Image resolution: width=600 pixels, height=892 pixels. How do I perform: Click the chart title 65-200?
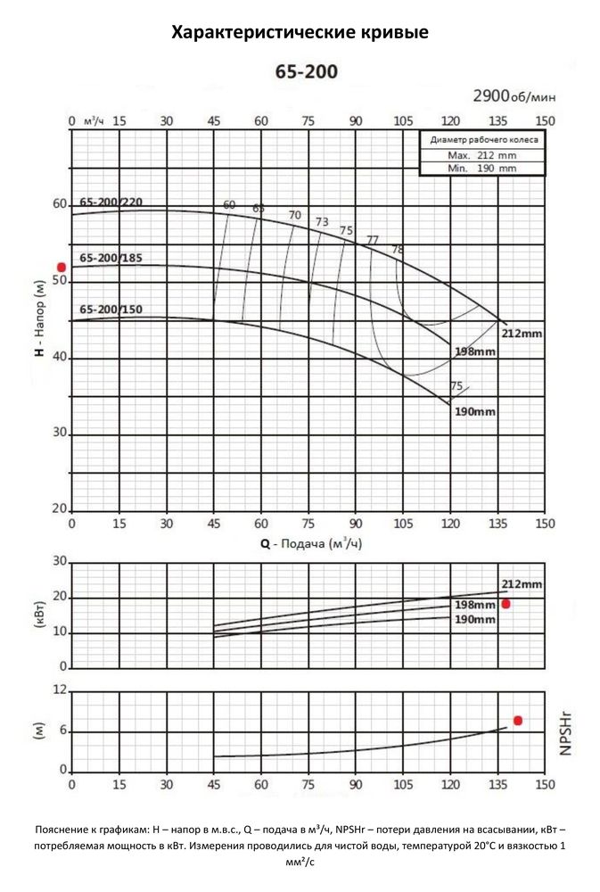tap(300, 71)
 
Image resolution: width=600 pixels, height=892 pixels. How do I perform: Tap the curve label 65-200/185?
tap(111, 258)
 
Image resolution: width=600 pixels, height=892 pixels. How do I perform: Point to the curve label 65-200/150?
tap(111, 310)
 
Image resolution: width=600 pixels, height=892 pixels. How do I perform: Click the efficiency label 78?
tap(398, 249)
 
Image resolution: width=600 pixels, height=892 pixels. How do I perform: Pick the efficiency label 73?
tap(322, 221)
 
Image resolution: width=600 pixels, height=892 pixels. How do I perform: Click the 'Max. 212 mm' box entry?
tap(481, 155)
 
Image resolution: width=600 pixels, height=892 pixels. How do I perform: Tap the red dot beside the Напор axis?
tap(62, 267)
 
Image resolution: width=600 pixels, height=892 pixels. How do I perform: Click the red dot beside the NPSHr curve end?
tap(517, 720)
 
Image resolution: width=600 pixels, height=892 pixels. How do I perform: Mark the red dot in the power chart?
tap(505, 604)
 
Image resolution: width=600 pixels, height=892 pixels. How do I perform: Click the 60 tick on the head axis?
tap(59, 204)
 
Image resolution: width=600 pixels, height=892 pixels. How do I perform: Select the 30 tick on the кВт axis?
tap(60, 561)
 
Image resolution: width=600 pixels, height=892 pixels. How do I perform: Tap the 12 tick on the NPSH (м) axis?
tap(60, 690)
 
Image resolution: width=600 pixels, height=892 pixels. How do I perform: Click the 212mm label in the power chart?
tap(522, 584)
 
